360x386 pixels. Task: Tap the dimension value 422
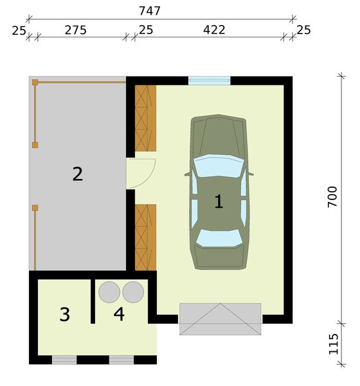(x=213, y=30)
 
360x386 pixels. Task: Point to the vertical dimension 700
(x=332, y=196)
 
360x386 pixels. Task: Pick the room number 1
(x=219, y=202)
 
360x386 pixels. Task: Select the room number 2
(x=77, y=174)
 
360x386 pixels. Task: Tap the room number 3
(x=64, y=315)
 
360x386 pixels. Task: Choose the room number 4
(x=119, y=315)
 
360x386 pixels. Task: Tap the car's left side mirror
(x=187, y=174)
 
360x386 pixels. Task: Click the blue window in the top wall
(x=209, y=81)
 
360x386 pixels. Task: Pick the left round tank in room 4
(x=109, y=291)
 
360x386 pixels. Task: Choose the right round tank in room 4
(x=133, y=291)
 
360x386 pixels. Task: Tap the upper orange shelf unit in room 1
(x=145, y=117)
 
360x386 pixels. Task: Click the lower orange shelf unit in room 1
(x=145, y=236)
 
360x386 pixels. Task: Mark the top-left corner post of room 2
(x=35, y=82)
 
